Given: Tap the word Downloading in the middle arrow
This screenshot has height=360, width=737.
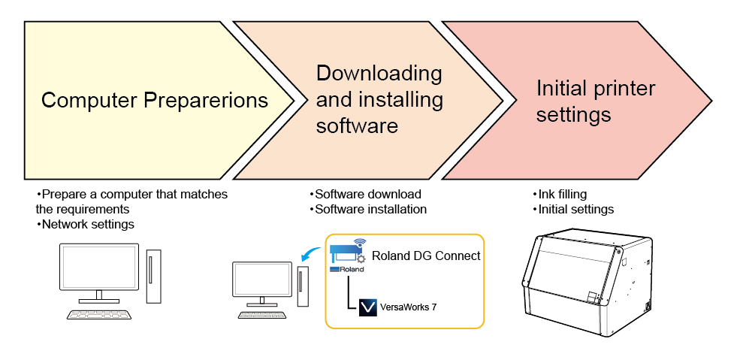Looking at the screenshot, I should (x=379, y=74).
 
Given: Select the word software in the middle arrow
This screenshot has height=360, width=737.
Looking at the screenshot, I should (x=357, y=126).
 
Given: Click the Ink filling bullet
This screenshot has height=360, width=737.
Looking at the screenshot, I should (x=562, y=194).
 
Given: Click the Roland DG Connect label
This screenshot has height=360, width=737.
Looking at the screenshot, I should (x=426, y=256).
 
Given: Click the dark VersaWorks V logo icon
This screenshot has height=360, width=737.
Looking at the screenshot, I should (x=368, y=308).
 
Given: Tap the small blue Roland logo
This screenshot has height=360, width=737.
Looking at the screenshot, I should (x=347, y=268).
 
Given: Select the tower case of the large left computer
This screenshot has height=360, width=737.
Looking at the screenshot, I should (x=153, y=276).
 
